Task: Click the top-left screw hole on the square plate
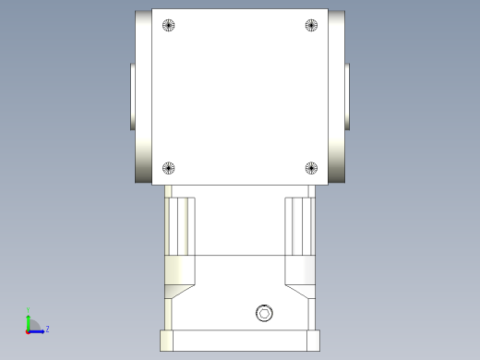(168, 25)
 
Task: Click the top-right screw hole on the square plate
(311, 25)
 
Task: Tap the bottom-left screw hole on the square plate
(168, 168)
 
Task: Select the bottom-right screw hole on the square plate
(311, 168)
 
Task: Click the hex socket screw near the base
(265, 313)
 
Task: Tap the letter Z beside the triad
(47, 329)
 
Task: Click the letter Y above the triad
(29, 310)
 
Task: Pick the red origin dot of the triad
(29, 330)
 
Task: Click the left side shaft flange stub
(132, 96)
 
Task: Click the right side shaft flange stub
(348, 96)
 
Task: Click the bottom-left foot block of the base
(166, 340)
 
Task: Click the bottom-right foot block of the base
(313, 340)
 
